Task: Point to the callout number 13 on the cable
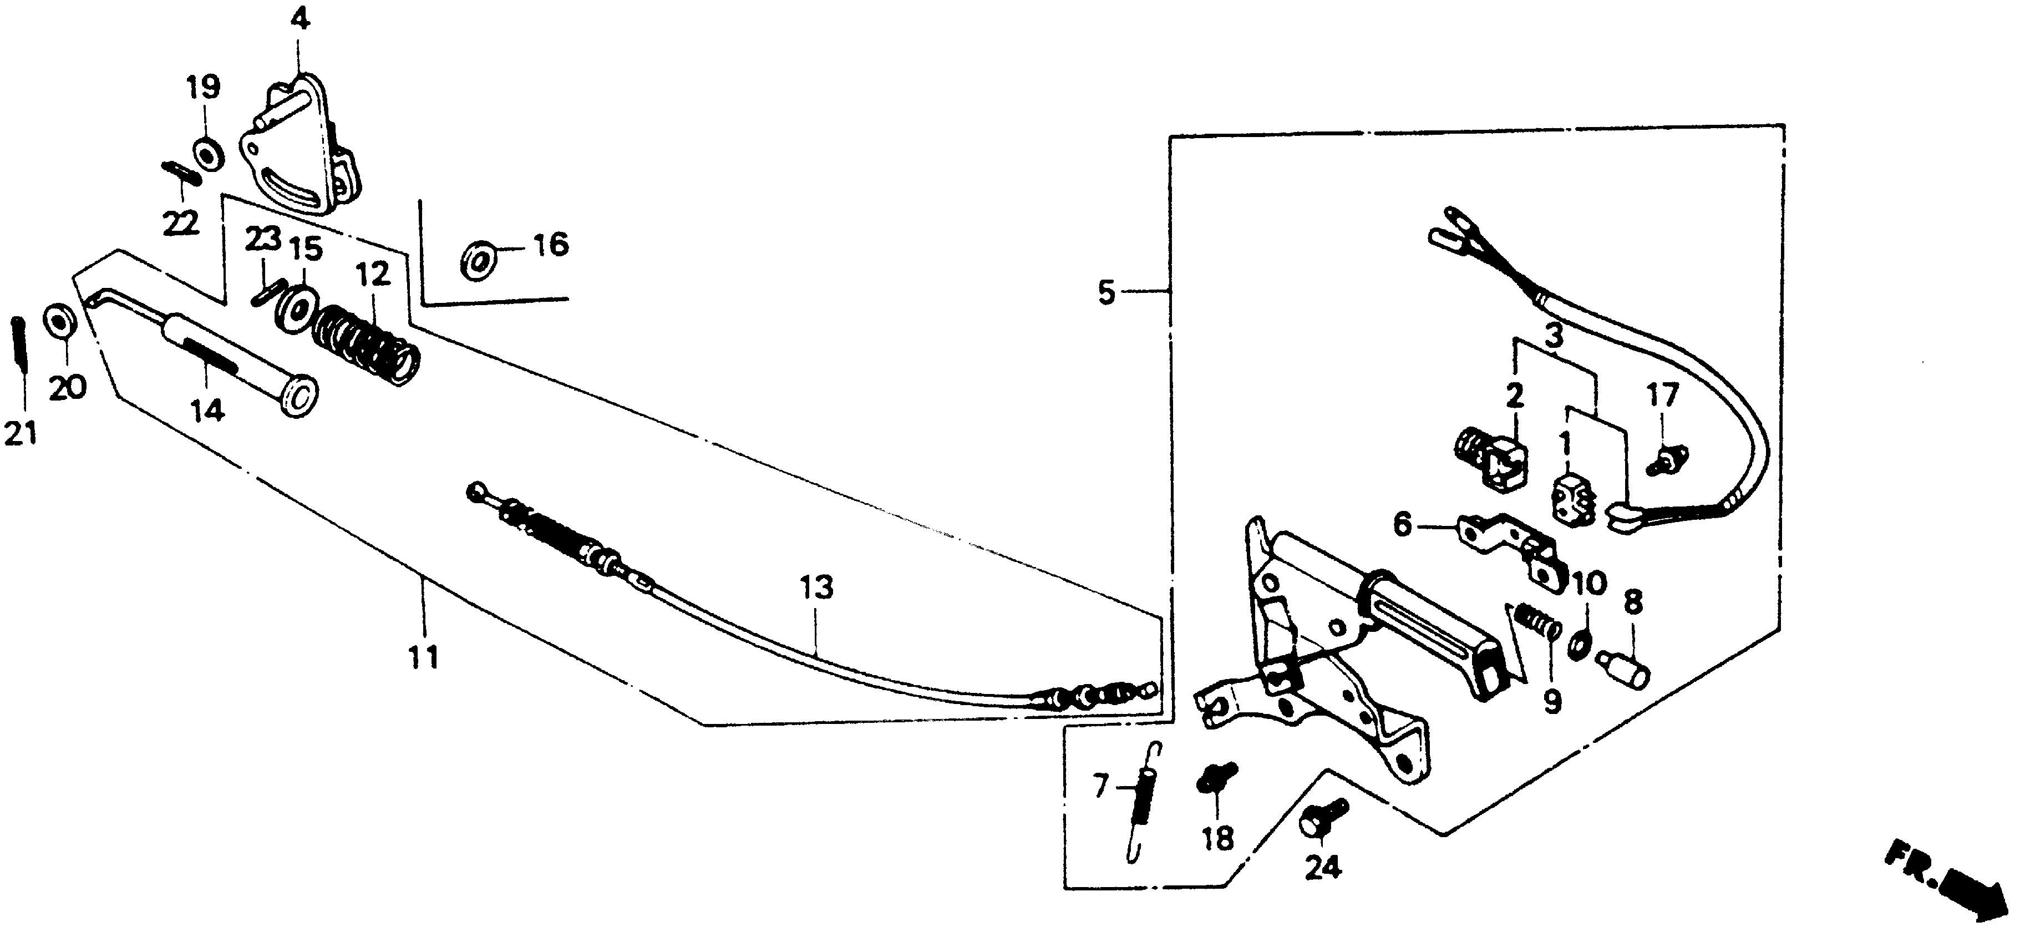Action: click(816, 587)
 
